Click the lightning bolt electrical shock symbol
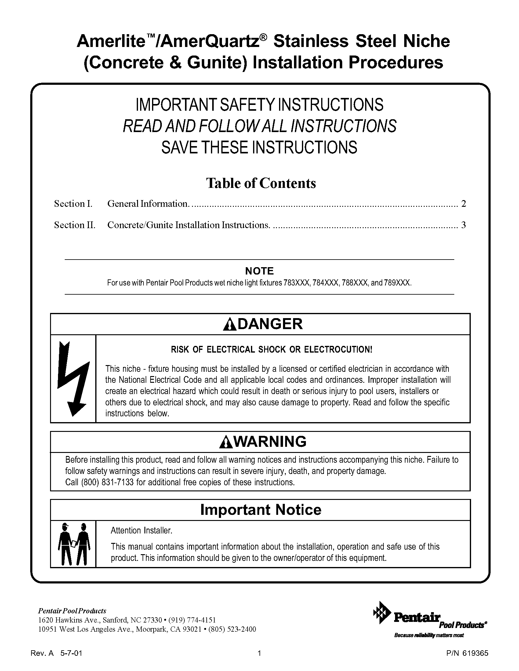[x=74, y=379]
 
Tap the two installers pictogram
[x=74, y=544]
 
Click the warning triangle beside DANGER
[x=230, y=325]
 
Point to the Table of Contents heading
[x=261, y=183]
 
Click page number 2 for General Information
[x=463, y=204]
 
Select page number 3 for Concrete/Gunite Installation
[x=463, y=225]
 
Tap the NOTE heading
[x=259, y=271]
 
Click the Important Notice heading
[x=261, y=510]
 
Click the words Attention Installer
[x=141, y=531]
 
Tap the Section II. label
[x=75, y=225]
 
